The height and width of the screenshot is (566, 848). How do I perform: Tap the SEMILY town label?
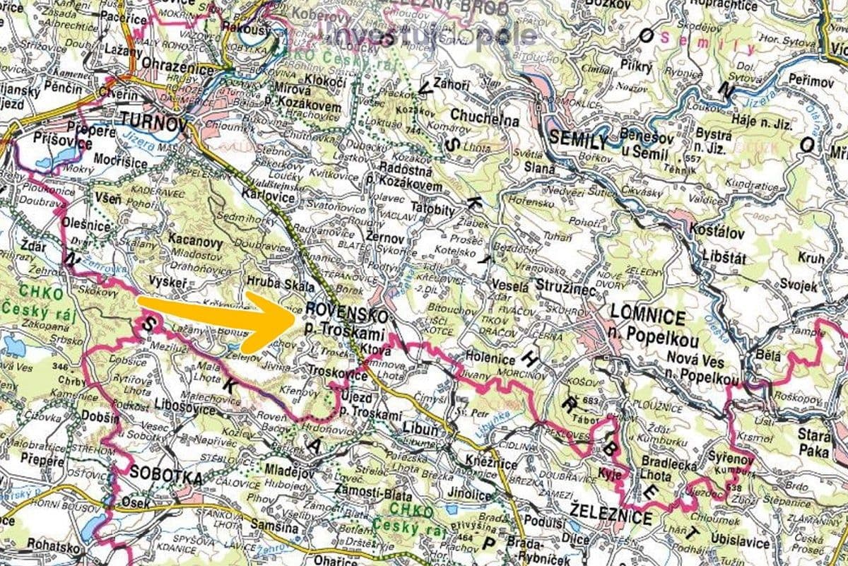tap(577, 139)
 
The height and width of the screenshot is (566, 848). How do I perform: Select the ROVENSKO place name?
tap(347, 313)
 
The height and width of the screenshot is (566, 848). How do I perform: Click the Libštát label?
tap(724, 258)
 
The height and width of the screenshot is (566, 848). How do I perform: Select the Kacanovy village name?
tap(196, 241)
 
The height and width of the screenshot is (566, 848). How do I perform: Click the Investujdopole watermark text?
tap(431, 34)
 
